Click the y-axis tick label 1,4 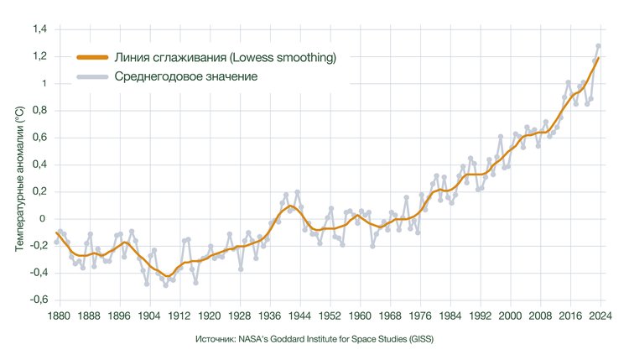coord(39,29)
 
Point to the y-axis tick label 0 coord(42,218)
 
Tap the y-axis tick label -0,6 coord(37,300)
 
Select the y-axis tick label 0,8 coord(39,110)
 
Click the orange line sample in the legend coord(92,58)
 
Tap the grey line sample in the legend coord(92,77)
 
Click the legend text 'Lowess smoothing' coord(285,58)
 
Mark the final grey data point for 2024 coord(599,46)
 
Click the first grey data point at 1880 coord(56,242)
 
